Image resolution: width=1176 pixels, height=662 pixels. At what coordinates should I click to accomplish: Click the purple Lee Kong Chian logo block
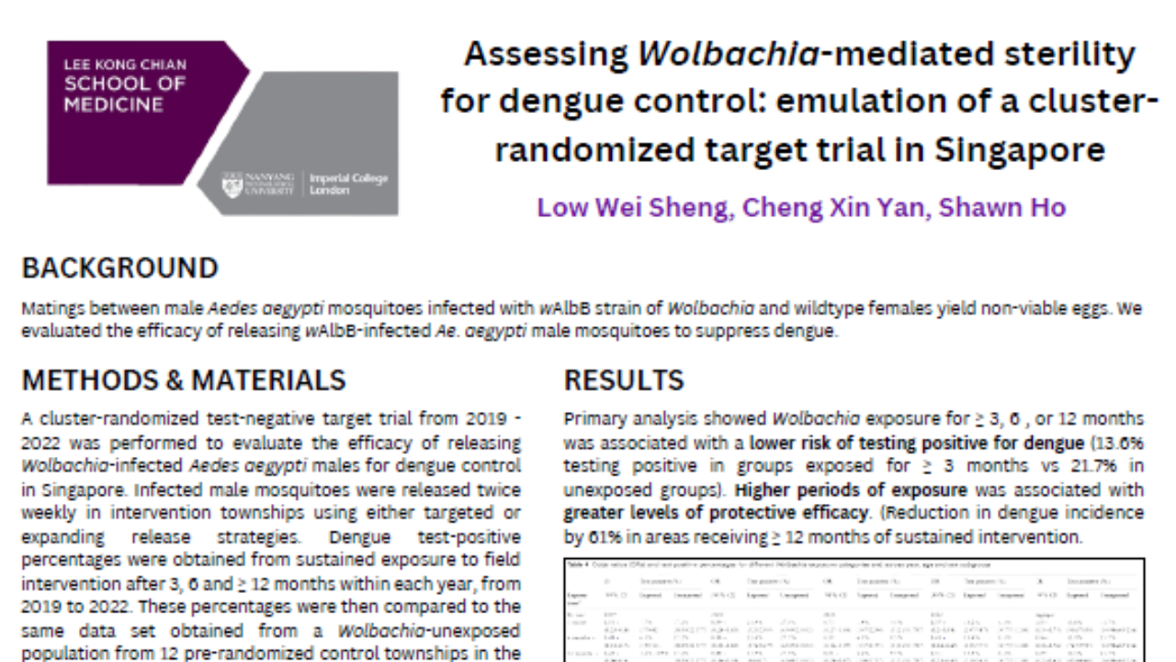(x=138, y=110)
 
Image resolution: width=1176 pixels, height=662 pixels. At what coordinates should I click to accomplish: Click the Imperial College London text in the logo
(x=348, y=184)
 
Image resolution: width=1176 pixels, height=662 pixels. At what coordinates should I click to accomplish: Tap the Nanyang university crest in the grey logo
(x=232, y=184)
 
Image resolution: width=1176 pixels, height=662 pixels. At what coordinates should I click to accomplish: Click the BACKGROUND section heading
(x=119, y=268)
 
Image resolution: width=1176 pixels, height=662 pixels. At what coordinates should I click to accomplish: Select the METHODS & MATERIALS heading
(x=184, y=381)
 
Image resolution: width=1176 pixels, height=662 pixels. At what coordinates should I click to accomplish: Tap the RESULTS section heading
(x=624, y=381)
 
